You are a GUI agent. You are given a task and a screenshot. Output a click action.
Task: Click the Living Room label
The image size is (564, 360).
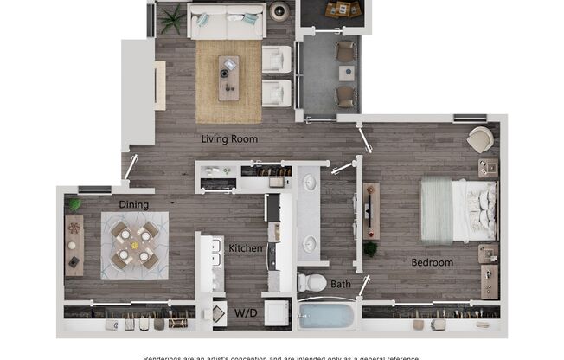coord(229,138)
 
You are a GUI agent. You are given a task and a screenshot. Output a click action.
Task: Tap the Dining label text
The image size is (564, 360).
coord(134,205)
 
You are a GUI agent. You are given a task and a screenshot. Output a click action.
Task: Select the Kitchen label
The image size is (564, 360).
coord(245,249)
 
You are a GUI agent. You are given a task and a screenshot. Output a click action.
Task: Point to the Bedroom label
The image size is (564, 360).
coord(432,262)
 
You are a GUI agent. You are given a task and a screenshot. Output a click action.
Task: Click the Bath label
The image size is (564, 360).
coord(341,283)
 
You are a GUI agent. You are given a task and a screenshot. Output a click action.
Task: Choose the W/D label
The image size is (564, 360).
coord(245,312)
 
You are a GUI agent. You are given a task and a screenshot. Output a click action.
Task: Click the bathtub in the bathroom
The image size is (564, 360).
coord(327,315)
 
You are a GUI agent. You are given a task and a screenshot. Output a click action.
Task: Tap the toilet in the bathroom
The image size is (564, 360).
coord(312,281)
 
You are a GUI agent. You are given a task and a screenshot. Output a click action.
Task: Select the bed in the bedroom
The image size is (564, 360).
coord(458,210)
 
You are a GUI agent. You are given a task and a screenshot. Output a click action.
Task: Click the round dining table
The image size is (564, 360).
coord(134,243)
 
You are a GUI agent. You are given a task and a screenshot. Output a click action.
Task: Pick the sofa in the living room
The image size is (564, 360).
coord(225,21)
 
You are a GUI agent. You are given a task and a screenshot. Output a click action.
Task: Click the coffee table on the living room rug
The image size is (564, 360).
coord(229,77)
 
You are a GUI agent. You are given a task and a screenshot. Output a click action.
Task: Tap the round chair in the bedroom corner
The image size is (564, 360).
coord(479,139)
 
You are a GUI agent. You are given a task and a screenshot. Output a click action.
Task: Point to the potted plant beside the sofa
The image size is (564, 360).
coord(172,20)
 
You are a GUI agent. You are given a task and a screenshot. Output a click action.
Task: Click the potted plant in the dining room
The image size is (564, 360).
coord(74,205)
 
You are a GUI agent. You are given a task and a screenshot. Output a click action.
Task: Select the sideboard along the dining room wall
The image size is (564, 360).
coord(74,246)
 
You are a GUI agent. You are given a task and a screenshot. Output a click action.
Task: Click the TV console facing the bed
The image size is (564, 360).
coord(371,211)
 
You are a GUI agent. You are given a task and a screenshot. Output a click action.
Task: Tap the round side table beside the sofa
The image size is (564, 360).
coord(279,12)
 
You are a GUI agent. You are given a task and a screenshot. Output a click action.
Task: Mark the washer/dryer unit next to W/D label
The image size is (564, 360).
coord(277,312)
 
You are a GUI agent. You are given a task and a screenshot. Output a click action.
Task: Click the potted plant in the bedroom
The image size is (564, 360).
coord(370,249)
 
